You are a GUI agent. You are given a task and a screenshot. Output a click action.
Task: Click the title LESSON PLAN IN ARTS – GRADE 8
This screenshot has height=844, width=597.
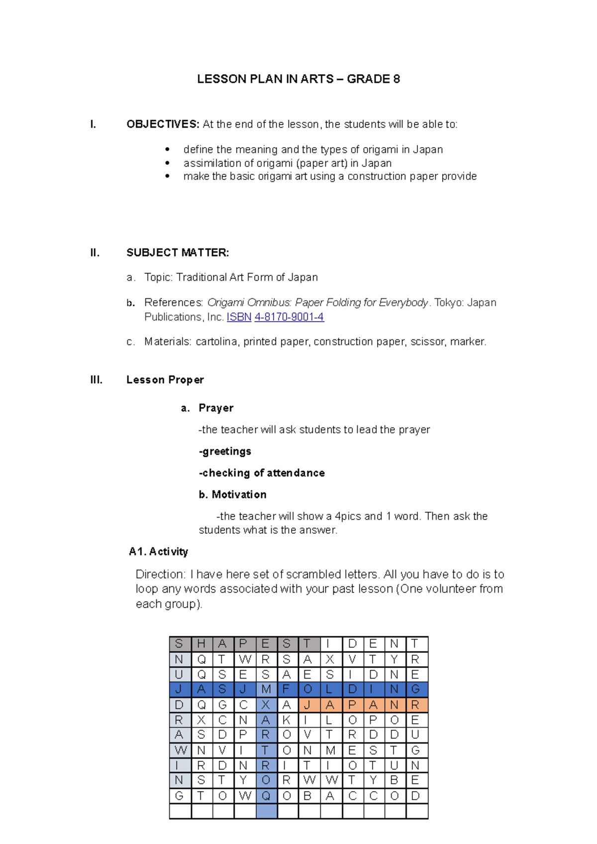[x=298, y=79]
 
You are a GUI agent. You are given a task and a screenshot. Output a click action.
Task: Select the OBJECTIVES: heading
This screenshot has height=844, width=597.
[x=163, y=124]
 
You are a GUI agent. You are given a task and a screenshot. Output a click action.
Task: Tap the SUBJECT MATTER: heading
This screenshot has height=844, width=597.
[x=178, y=253]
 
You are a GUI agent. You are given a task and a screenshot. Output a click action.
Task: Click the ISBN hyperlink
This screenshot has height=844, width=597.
[x=239, y=317]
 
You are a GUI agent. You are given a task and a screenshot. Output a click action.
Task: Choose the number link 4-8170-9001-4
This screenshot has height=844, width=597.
[x=289, y=317]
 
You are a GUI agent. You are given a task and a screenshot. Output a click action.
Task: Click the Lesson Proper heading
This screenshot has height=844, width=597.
[x=165, y=380]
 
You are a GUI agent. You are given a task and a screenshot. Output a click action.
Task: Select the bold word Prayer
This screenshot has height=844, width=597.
[x=216, y=408]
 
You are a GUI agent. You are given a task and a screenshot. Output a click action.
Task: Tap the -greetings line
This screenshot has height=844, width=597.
[x=225, y=451]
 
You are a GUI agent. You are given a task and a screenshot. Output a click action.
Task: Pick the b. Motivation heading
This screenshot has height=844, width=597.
[x=232, y=495]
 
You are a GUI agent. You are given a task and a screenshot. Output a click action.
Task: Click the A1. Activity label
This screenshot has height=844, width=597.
[x=158, y=552]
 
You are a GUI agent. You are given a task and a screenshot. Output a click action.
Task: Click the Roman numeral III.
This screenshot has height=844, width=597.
[x=97, y=380]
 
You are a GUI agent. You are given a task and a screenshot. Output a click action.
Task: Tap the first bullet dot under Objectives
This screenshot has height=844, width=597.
[x=168, y=150]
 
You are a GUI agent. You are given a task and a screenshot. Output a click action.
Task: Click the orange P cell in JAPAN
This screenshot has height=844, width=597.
[x=352, y=705]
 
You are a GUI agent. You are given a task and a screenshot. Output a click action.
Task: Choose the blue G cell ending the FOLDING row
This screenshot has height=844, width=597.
[x=416, y=689]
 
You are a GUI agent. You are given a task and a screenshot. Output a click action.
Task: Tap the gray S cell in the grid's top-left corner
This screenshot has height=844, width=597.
[x=180, y=644]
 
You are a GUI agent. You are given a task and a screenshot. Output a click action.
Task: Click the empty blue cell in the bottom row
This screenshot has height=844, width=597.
[x=266, y=811]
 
